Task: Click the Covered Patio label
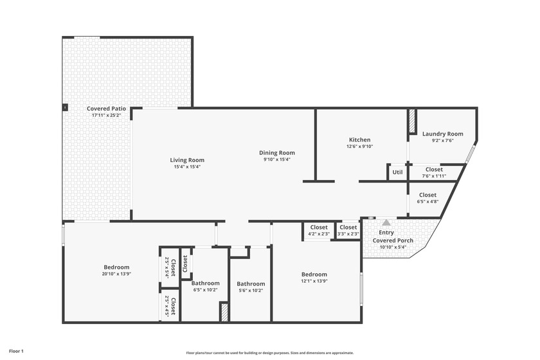pos(107,109)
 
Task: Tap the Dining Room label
pos(277,152)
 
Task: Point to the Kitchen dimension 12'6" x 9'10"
pos(359,146)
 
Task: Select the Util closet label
pos(397,172)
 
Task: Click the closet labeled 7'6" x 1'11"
pos(434,172)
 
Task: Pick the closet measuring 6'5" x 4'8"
pos(428,198)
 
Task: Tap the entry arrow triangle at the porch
pos(386,222)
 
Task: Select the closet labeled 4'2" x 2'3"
pos(319,230)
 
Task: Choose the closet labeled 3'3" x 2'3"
pos(348,230)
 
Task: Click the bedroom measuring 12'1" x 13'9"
pos(314,278)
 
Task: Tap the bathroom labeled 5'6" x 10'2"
pos(251,287)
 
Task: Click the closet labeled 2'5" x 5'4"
pos(170,267)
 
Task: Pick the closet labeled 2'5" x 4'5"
pos(170,305)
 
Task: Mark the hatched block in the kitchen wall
pos(412,121)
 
